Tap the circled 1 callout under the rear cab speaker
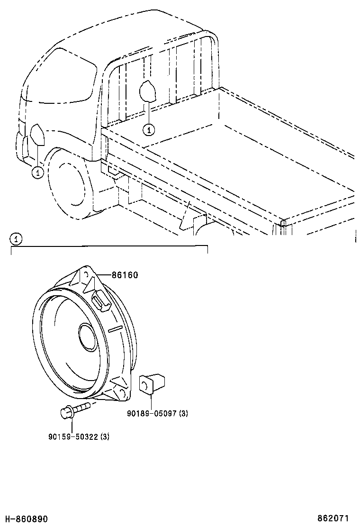pyautogui.click(x=149, y=128)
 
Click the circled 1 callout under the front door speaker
pyautogui.click(x=37, y=173)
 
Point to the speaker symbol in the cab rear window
pyautogui.click(x=147, y=91)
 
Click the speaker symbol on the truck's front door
pyautogui.click(x=37, y=135)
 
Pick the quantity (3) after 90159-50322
pyautogui.click(x=105, y=436)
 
